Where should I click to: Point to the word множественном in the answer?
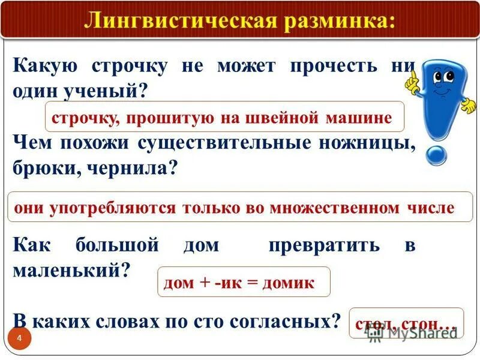pyautogui.click(x=334, y=208)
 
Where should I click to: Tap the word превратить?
pyautogui.click(x=324, y=245)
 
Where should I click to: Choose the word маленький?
pyautogui.click(x=71, y=270)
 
